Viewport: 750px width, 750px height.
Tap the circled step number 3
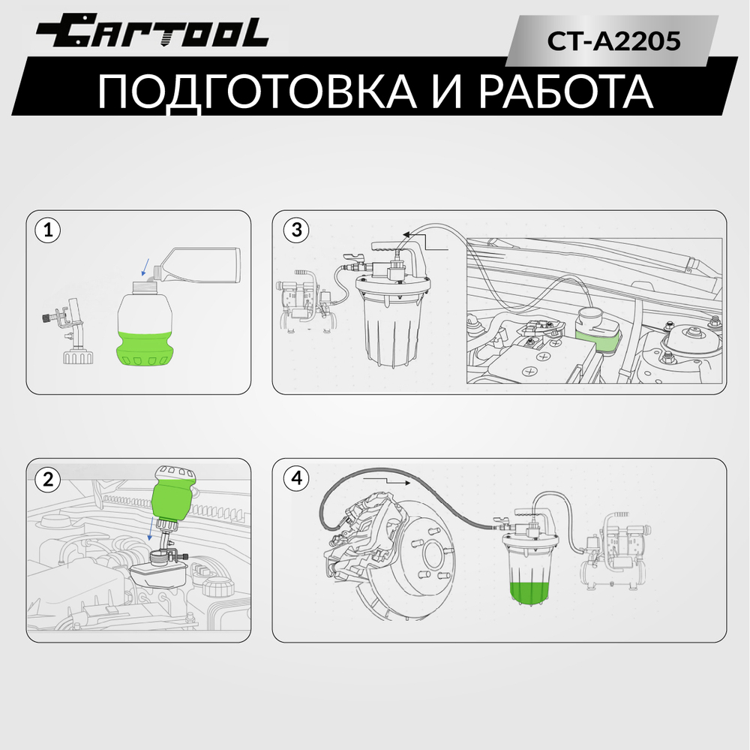click(x=296, y=230)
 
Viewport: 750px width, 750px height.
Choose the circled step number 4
click(x=296, y=478)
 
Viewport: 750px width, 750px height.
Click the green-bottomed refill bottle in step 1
click(x=148, y=330)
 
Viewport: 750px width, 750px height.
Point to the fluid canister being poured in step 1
click(x=200, y=267)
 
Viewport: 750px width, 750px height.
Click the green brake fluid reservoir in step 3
click(x=598, y=333)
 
